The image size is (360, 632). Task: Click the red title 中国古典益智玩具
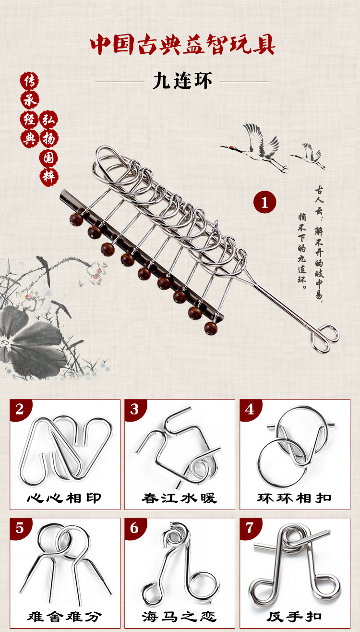pos(182,45)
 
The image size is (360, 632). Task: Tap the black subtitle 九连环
pos(182,81)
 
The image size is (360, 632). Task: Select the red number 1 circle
pos(264,202)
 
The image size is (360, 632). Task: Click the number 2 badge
pos(20,409)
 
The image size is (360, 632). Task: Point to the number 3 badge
pos(135,409)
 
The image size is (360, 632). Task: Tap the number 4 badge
pos(250,409)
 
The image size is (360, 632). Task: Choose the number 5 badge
pos(20,528)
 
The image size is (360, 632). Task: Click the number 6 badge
pos(135,528)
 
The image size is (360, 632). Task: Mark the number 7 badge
pos(250,528)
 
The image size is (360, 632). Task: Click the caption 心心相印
pos(64,498)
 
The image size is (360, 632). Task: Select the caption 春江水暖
pos(180,498)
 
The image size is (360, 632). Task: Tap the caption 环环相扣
pos(294,498)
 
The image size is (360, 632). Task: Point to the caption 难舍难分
pos(64,617)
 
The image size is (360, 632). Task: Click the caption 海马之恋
pos(180,617)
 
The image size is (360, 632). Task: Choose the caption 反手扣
pos(294,617)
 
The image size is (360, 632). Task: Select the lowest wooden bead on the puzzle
pos(211,328)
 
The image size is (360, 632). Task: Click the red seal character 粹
pos(49,177)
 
